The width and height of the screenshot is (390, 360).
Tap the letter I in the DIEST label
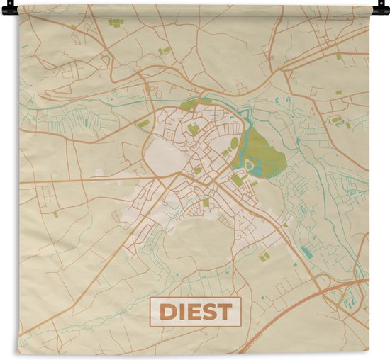pos(181,312)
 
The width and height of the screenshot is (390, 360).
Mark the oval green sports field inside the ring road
pos(234,143)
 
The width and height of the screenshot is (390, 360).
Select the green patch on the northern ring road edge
pos(189,105)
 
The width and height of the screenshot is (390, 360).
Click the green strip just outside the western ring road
pos(143,124)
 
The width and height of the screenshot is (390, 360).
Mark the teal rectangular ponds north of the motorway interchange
pos(306,251)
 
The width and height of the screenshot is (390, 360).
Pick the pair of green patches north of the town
pos(165,50)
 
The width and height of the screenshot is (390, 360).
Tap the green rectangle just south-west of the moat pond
pos(237,181)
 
